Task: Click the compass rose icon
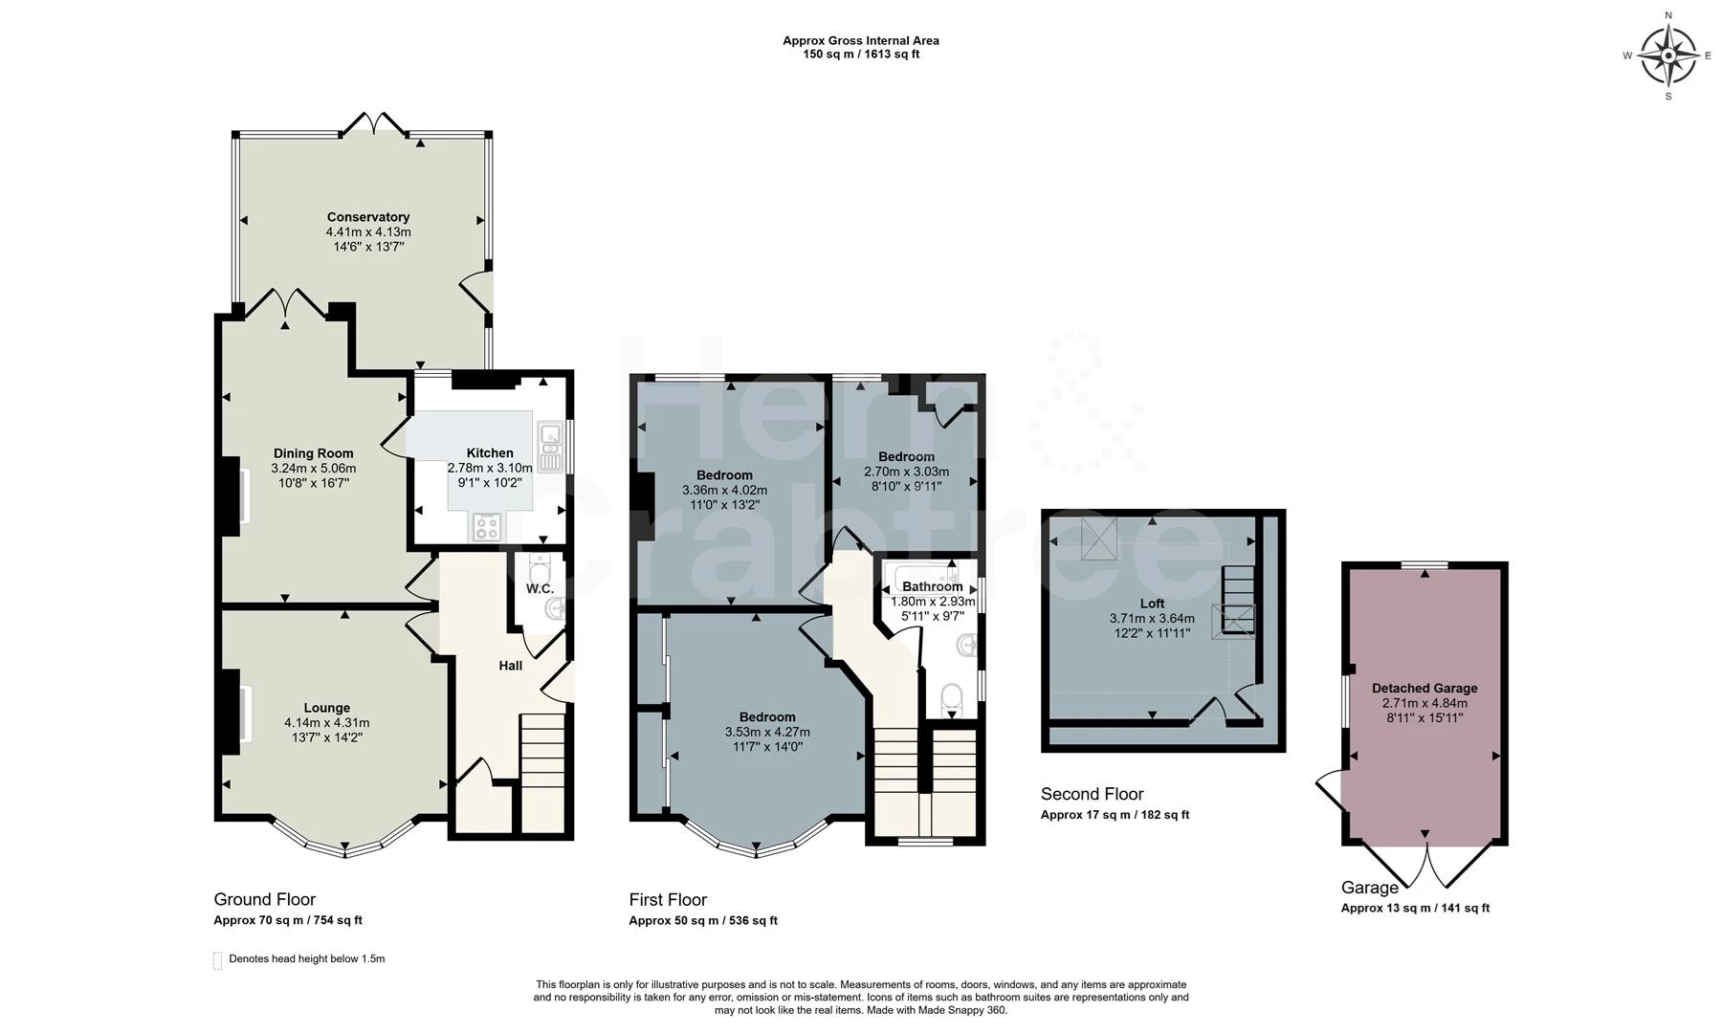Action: click(1668, 55)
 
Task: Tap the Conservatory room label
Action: click(368, 217)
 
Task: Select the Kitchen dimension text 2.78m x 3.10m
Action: click(490, 468)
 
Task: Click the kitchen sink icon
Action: click(551, 448)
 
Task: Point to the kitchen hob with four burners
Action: click(486, 527)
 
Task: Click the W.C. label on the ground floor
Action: click(540, 589)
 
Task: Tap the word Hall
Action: click(511, 665)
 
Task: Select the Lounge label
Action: click(327, 709)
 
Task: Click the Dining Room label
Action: click(314, 453)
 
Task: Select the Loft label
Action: click(1153, 604)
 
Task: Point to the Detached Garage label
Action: click(1424, 688)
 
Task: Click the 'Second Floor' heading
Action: click(1093, 794)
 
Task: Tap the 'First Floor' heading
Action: click(668, 900)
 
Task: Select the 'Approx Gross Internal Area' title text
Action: click(861, 40)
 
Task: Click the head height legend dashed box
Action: click(217, 960)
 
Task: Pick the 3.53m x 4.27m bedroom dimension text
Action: click(767, 733)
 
